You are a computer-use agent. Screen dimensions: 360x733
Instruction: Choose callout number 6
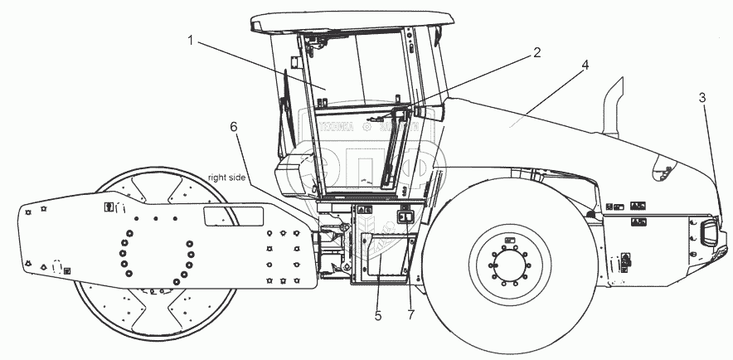click(x=233, y=126)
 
